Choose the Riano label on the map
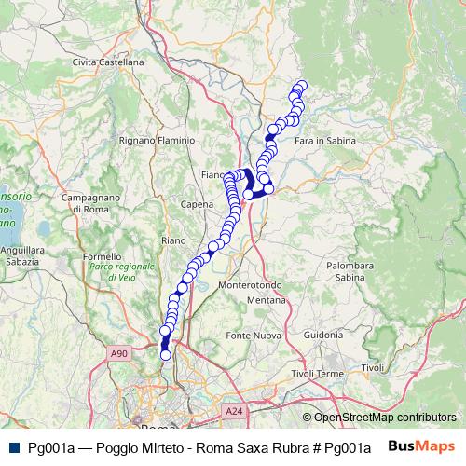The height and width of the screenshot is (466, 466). click(173, 240)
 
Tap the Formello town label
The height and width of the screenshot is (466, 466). click(102, 256)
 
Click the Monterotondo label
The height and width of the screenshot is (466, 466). click(250, 284)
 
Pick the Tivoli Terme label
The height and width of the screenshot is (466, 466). click(318, 373)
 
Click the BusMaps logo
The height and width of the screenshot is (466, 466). click(421, 446)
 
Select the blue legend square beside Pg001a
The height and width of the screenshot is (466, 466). click(13, 447)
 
